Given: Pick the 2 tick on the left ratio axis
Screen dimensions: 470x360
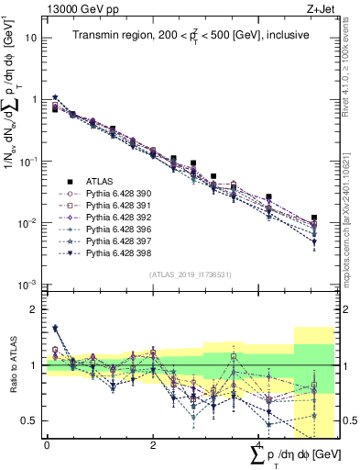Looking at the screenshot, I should click(33, 309).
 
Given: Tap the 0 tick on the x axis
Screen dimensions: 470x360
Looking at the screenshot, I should click(47, 444).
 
